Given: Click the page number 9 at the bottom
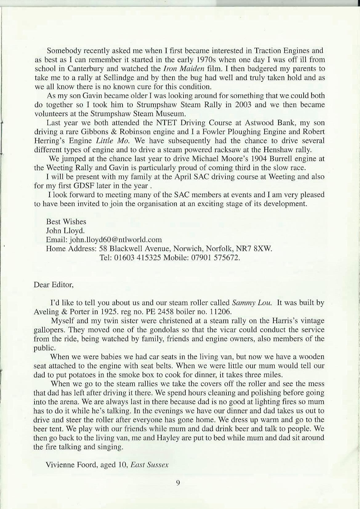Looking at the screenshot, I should [x=178, y=483].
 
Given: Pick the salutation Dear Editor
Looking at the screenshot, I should [x=53, y=284].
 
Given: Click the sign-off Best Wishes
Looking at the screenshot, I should [x=66, y=222].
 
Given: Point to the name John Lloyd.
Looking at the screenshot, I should [x=65, y=230].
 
